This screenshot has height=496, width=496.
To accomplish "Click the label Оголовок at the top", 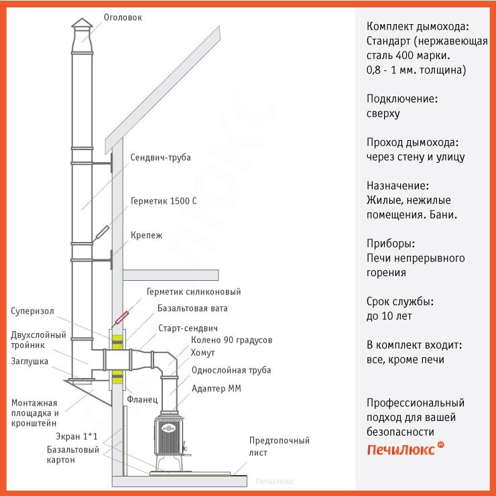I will pos(123,17).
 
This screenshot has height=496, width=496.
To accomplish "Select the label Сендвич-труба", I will pos(160,158).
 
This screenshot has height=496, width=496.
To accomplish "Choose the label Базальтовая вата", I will pos(192,308).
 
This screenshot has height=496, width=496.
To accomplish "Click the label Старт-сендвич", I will pos(190,328).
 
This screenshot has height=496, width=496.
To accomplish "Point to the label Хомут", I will pos(203,353).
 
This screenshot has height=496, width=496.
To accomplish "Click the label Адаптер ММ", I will pos(216,388).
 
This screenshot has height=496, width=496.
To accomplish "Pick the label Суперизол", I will pos(32,311).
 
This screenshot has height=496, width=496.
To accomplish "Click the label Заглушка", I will pos(29,361).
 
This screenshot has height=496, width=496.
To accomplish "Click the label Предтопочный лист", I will pos(279,446).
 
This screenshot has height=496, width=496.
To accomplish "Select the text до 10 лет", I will pos(389,316).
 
